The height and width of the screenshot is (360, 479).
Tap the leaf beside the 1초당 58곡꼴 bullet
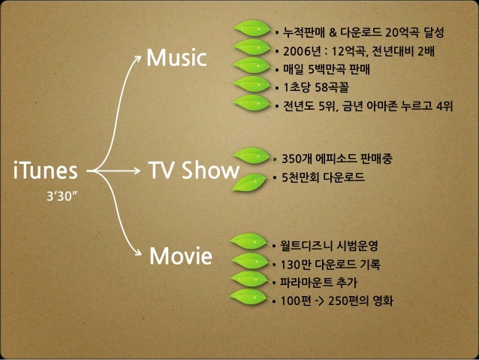pyautogui.click(x=252, y=85)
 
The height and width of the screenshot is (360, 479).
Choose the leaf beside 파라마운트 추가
pyautogui.click(x=251, y=280)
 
